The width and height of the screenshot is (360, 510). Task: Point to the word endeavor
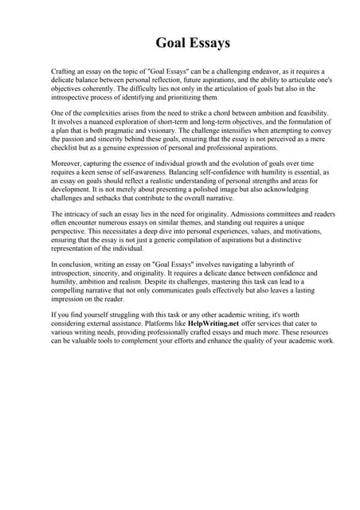coord(239,71)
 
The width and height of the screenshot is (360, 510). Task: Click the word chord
coord(215,114)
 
